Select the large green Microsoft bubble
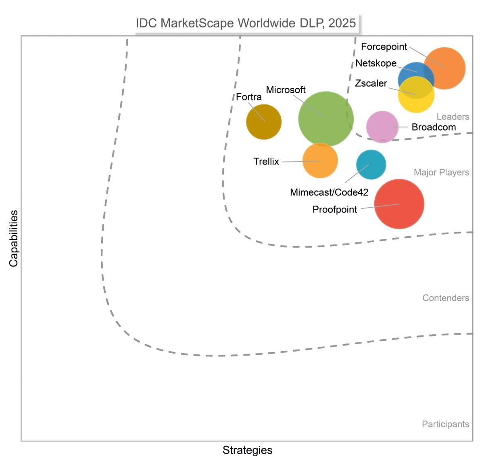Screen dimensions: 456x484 (326, 119)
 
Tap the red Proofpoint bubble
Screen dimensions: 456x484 (399, 204)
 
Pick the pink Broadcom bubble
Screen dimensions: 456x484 (382, 127)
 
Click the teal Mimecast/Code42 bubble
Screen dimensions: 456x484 (371, 164)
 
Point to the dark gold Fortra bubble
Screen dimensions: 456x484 (264, 122)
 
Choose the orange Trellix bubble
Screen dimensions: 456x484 (320, 160)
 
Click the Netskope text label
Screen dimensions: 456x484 (376, 63)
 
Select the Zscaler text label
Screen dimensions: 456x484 (371, 83)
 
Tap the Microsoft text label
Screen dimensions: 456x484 (286, 90)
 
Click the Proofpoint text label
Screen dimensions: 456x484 (335, 210)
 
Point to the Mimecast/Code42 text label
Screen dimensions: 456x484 (329, 192)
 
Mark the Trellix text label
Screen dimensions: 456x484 (266, 162)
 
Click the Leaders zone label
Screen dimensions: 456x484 (453, 117)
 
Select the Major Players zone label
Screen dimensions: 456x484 (441, 173)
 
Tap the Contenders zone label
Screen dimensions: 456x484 (446, 298)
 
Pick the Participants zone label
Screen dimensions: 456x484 (445, 424)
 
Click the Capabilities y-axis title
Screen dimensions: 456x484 (14, 238)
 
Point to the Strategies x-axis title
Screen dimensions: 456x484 (247, 450)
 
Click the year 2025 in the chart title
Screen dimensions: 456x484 (342, 23)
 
